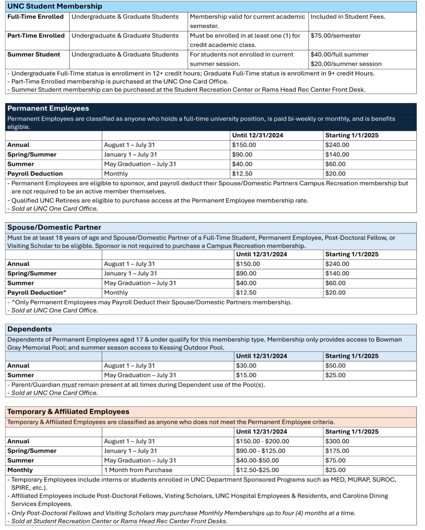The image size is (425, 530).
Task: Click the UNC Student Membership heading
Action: click(x=54, y=6)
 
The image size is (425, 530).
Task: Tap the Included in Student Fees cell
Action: click(x=347, y=17)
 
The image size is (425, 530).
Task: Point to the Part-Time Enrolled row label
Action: click(x=36, y=36)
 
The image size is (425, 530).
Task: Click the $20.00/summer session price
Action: click(x=346, y=64)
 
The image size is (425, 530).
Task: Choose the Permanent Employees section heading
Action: click(x=48, y=109)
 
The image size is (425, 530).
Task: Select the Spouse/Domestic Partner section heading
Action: click(x=54, y=227)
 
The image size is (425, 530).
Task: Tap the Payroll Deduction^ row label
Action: click(x=37, y=292)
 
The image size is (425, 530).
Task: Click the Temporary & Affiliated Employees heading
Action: click(x=68, y=411)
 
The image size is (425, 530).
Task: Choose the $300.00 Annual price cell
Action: click(x=337, y=441)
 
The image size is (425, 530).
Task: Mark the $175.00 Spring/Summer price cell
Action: click(x=337, y=451)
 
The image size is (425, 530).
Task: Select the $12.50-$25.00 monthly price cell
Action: click(x=257, y=470)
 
